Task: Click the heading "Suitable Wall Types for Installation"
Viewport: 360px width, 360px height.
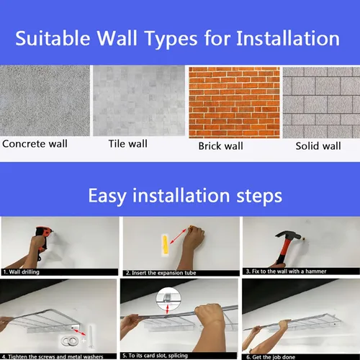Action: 178,38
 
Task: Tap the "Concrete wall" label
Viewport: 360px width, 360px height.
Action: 35,144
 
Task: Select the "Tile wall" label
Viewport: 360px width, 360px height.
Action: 128,144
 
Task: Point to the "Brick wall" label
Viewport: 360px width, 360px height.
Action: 221,146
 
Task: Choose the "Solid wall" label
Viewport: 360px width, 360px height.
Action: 318,146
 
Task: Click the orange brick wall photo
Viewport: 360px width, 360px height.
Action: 234,102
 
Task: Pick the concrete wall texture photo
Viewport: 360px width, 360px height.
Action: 45,101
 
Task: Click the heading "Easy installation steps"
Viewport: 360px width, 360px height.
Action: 185,196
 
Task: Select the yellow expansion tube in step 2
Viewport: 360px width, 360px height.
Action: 165,245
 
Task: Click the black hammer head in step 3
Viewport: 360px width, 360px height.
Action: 288,235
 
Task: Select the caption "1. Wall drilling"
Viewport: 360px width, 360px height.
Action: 22,272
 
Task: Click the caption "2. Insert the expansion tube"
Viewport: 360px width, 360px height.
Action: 161,273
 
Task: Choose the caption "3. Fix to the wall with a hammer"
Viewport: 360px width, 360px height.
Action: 286,271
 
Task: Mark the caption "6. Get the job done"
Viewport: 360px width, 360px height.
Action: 271,357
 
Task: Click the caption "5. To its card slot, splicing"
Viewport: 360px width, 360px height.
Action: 155,356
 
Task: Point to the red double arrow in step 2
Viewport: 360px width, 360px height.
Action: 178,237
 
